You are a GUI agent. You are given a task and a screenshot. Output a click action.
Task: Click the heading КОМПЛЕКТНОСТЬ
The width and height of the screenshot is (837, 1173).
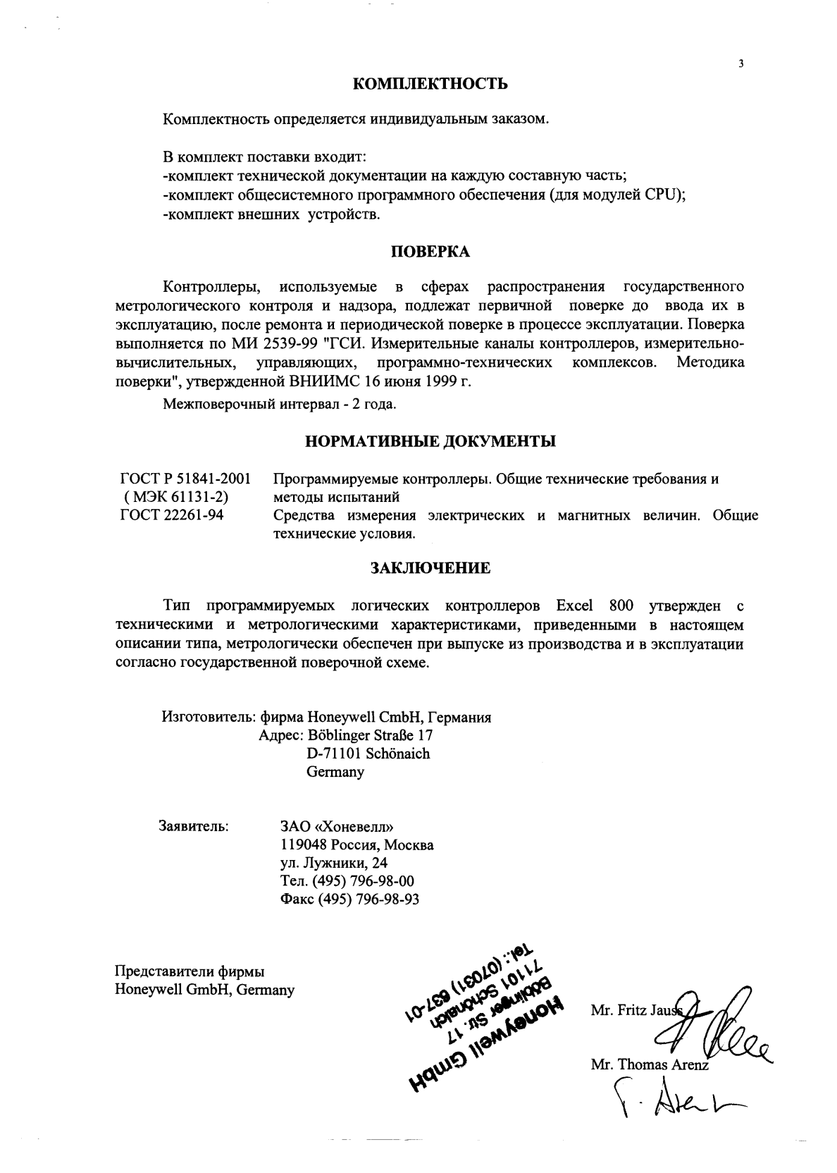coord(430,85)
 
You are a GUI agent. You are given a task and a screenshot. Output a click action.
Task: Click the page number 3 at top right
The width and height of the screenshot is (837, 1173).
coord(740,64)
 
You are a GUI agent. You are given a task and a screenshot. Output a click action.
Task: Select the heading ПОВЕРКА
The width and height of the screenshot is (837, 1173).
coord(430,252)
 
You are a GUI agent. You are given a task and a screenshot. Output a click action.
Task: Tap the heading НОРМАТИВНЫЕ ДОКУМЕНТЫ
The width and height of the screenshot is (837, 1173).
coord(430,442)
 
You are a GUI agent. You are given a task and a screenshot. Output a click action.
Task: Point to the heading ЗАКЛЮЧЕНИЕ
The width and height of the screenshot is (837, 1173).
coord(430,567)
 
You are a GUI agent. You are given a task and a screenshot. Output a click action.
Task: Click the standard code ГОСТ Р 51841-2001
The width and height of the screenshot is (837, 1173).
coord(186,479)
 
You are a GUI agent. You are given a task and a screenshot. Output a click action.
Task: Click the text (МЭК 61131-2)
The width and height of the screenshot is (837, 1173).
coord(176,498)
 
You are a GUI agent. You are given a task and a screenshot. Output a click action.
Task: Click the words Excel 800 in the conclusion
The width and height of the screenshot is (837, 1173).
coord(595,606)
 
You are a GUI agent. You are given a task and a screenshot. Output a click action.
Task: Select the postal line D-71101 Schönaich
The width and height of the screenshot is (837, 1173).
coord(368,753)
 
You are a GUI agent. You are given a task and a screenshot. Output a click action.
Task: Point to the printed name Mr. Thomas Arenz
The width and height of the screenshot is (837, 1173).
coord(650,1066)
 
